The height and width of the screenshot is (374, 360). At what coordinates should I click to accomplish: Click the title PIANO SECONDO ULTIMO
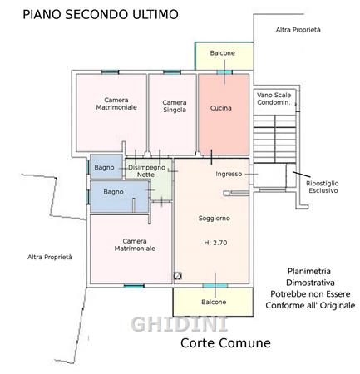(x=101, y=14)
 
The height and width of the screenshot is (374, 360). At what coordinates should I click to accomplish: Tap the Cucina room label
(x=221, y=108)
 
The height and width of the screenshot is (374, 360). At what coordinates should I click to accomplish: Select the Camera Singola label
(x=175, y=106)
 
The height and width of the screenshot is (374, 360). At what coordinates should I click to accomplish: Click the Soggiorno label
(x=215, y=219)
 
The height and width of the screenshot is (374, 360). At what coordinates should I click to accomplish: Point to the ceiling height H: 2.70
(x=215, y=243)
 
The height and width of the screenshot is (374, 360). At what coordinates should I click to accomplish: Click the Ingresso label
(x=229, y=174)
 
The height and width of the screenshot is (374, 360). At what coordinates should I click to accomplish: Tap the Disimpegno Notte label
(x=146, y=171)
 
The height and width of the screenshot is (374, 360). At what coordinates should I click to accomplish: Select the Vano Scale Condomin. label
(x=274, y=99)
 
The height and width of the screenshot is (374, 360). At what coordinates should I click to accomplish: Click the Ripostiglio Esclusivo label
(x=323, y=187)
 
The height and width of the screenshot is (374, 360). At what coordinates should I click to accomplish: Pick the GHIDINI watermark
(x=179, y=324)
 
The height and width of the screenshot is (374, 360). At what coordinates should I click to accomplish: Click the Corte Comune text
(x=225, y=343)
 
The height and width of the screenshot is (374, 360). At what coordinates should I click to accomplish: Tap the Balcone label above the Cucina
(x=222, y=53)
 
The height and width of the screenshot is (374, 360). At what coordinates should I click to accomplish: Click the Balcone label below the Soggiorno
(x=214, y=302)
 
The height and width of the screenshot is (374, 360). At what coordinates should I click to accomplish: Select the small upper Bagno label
(x=104, y=167)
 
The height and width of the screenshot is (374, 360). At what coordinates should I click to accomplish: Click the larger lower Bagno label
(x=113, y=192)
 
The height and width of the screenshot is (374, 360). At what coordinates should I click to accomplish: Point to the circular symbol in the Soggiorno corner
(x=177, y=276)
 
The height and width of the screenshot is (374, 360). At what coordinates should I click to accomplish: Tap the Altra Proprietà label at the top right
(x=298, y=30)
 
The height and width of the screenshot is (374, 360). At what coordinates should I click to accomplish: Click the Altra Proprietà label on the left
(x=50, y=257)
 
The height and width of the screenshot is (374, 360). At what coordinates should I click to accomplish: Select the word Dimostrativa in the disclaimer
(x=310, y=283)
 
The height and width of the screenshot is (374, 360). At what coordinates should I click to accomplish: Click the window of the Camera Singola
(x=172, y=72)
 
